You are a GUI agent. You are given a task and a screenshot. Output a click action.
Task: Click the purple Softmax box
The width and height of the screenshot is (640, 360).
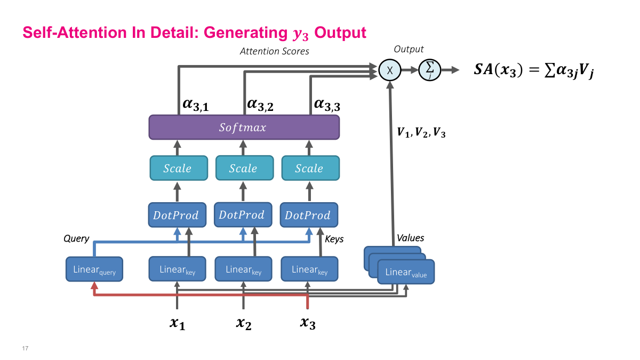(244, 128)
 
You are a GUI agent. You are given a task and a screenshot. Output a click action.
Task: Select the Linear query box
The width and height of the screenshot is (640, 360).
(94, 269)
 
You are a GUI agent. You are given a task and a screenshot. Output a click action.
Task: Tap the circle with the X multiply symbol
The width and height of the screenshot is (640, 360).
(390, 70)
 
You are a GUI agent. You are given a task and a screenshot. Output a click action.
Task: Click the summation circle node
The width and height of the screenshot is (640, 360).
(429, 70)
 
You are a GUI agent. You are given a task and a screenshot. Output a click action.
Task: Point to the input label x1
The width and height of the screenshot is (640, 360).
(177, 323)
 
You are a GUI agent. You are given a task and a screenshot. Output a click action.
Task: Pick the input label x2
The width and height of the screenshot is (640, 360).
(243, 323)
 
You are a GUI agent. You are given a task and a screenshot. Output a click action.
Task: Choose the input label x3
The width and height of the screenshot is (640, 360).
(308, 323)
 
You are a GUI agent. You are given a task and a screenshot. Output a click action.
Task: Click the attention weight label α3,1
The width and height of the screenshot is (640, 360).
(195, 105)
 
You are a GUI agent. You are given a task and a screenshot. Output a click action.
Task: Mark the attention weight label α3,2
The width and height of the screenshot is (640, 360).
(260, 105)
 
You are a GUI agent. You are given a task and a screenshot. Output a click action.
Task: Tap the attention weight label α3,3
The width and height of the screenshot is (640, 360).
(327, 105)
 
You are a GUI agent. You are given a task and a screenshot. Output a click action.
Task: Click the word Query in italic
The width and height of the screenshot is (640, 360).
(76, 238)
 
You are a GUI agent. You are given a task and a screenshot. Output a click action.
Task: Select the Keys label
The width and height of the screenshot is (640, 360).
(334, 239)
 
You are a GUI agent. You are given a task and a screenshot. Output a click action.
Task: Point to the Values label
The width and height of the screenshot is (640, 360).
(410, 238)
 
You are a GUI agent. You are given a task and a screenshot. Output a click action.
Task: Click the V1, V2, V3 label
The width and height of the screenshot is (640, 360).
(421, 133)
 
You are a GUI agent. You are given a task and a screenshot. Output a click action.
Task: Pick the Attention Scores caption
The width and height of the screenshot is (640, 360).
(274, 51)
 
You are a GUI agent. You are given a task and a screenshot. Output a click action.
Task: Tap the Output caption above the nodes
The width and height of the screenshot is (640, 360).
(409, 49)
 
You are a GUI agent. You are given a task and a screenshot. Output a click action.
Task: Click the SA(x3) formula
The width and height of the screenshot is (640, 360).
(534, 71)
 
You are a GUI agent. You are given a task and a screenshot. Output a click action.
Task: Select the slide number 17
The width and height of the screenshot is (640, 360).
(25, 348)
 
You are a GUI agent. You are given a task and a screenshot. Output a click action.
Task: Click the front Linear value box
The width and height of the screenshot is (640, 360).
(406, 273)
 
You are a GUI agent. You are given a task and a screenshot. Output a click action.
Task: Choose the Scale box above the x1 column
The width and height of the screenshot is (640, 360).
(178, 169)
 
